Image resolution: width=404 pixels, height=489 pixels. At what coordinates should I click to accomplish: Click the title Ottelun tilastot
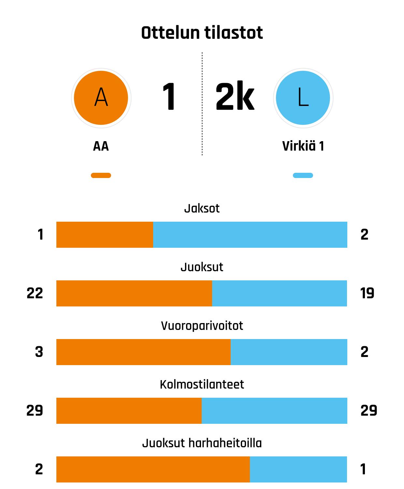202,33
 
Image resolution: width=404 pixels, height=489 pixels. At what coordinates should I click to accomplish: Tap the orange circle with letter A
101,98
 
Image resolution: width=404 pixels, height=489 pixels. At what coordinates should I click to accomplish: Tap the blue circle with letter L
303,98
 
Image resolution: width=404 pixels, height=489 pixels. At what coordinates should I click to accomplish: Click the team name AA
101,146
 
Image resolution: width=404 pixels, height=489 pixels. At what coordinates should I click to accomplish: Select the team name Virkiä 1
303,146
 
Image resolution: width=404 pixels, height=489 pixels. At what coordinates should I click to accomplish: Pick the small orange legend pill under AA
101,175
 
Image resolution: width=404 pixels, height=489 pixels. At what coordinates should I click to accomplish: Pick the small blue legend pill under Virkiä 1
303,175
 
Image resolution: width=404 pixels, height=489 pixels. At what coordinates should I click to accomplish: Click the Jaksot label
202,208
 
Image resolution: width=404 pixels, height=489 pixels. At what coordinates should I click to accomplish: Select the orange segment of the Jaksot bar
105,235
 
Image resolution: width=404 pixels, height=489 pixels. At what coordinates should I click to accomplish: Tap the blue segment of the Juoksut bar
279,293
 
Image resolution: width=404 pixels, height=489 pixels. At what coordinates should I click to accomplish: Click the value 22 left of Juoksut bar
35,293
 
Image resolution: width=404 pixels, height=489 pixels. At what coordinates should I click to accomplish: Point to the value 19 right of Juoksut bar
367,293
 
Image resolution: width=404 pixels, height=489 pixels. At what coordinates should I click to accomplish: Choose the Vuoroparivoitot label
202,326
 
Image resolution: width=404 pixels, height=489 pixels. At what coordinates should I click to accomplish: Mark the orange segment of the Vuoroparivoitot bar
143,352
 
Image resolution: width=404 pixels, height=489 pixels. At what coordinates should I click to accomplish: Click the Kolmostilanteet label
202,384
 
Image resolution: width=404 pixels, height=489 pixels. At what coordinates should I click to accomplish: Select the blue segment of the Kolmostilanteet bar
274,411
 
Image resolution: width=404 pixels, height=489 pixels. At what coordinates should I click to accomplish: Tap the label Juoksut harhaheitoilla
202,443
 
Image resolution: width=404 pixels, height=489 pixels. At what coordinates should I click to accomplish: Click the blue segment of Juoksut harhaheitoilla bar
298,469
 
